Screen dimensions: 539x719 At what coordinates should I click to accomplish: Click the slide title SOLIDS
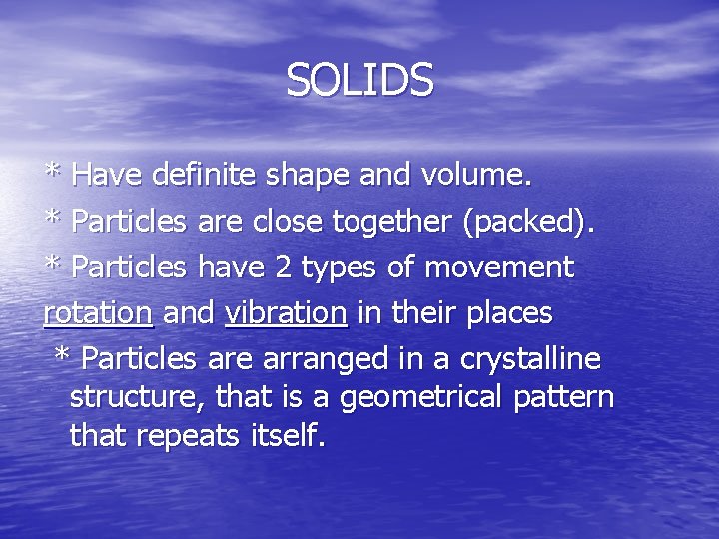pos(359,81)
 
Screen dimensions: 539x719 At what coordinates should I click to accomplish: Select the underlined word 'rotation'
pos(98,313)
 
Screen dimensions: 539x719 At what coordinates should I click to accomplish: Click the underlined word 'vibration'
pos(287,313)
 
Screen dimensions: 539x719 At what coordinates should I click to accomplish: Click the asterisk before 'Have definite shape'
pos(54,173)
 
